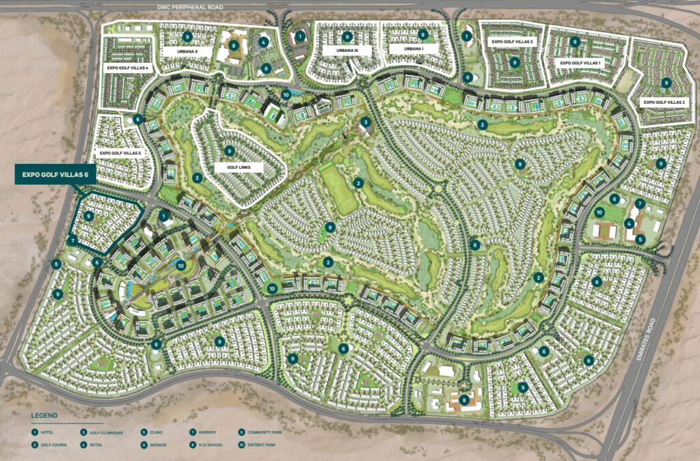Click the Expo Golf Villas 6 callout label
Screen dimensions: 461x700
[x=55, y=175]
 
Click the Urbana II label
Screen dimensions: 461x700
[x=187, y=51]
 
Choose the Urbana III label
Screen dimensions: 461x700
[x=353, y=51]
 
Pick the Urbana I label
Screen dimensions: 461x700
[x=414, y=50]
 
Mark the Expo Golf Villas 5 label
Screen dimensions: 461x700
[x=120, y=153]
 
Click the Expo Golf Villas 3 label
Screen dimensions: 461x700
[x=512, y=42]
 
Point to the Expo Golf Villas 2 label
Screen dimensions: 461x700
[x=664, y=102]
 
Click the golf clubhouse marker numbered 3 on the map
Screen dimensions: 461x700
[x=366, y=122]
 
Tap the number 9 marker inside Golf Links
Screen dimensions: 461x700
[x=230, y=151]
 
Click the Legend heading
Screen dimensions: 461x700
[x=44, y=415]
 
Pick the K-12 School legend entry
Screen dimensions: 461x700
[x=212, y=445]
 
